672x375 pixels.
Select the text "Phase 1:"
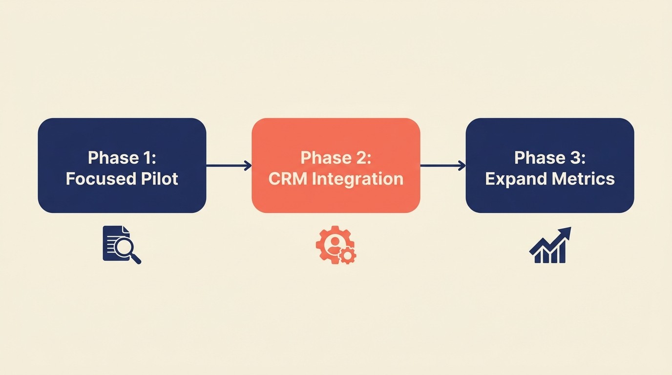point(122,158)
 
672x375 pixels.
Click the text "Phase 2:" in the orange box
point(336,158)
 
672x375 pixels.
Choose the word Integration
point(357,179)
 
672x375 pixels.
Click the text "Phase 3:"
point(549,158)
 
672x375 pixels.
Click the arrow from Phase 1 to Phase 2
point(229,166)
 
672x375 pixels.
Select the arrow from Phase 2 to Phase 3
point(442,166)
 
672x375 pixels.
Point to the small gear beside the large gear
point(348,255)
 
